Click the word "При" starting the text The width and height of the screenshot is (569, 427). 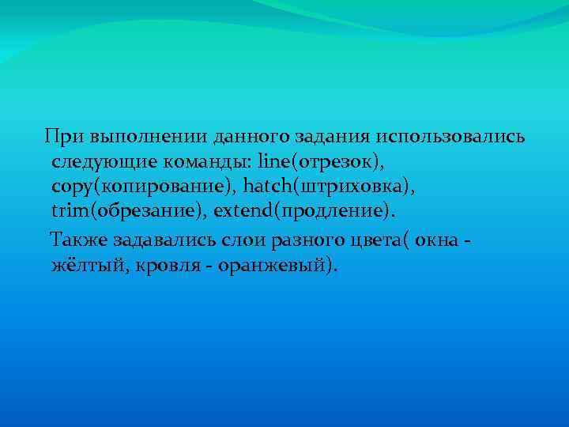pyautogui.click(x=62, y=136)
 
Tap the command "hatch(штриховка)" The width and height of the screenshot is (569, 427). pyautogui.click(x=328, y=187)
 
